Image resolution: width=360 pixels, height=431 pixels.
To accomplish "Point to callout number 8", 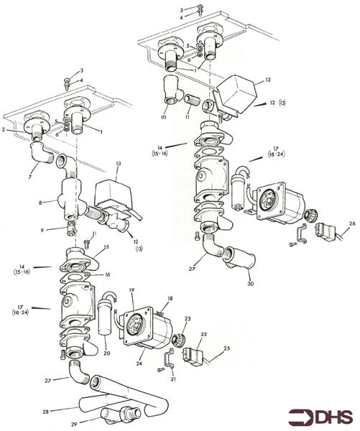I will tap(41, 203).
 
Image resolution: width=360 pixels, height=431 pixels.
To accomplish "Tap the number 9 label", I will tap(42, 230).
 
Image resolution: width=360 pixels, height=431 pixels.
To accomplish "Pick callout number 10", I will tap(163, 116).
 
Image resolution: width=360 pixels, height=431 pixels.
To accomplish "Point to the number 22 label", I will tap(203, 335).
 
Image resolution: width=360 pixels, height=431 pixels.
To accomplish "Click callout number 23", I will tap(188, 319).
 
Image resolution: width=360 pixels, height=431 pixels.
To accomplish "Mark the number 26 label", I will tap(351, 223).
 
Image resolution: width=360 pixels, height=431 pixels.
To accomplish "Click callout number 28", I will tap(45, 412).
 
